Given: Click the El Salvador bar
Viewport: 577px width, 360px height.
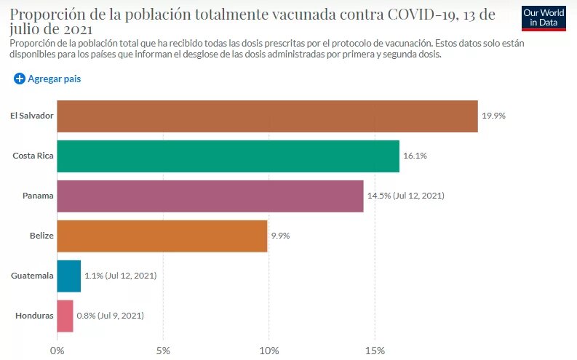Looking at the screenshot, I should [x=267, y=116].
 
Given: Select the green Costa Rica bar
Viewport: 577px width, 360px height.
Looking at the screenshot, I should [x=228, y=156].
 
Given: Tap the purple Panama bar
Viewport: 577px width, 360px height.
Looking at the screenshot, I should [x=210, y=196].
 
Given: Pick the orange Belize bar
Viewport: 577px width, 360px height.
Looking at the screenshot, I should [x=162, y=236].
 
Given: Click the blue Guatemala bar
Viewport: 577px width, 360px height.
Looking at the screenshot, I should [x=68, y=276].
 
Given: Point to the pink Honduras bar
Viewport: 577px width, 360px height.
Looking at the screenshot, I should [x=65, y=316].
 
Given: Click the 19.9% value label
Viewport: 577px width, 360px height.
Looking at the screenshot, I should [x=493, y=116].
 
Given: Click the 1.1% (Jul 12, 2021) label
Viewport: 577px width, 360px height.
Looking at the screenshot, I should [x=120, y=276].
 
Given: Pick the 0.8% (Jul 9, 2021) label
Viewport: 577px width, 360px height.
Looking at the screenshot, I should [x=110, y=316].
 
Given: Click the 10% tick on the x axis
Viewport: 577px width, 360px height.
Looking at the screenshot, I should [x=268, y=351].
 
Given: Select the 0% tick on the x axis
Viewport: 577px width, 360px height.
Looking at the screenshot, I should [x=57, y=351].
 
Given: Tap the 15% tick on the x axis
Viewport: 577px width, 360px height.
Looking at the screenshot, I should [x=374, y=351].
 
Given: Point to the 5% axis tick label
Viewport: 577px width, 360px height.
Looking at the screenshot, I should [x=163, y=351].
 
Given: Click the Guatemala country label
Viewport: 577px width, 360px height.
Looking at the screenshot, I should [x=32, y=276].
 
